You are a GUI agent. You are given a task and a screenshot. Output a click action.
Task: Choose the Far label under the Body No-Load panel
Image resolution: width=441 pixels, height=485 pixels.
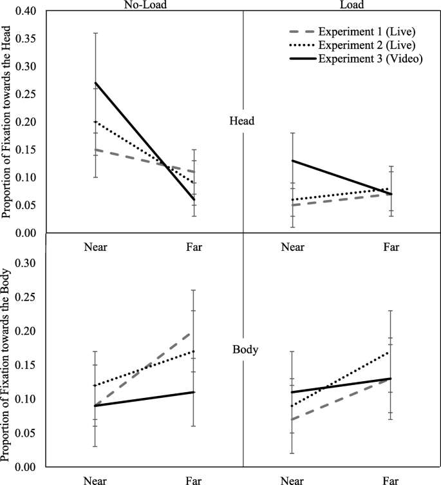pyautogui.click(x=192, y=480)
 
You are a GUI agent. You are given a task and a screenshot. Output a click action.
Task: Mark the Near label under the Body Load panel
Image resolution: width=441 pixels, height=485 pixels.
pyautogui.click(x=293, y=480)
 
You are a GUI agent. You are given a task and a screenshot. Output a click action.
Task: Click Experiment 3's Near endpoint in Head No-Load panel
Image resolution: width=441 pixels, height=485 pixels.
pyautogui.click(x=95, y=83)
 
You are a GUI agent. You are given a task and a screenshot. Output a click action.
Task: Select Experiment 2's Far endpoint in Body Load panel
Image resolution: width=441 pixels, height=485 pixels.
pyautogui.click(x=391, y=351)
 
